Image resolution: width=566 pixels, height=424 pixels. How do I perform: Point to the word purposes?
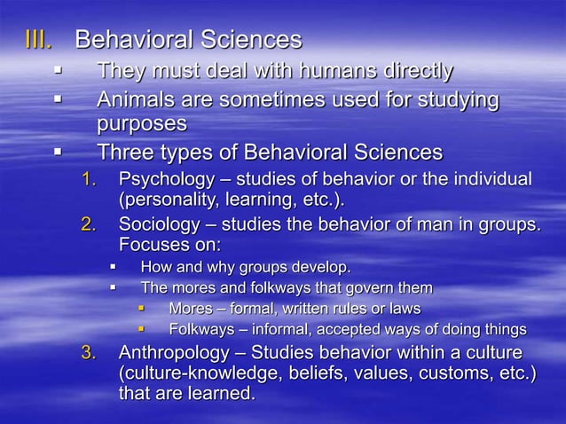click(x=142, y=123)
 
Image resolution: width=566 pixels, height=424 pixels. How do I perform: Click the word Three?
click(x=124, y=153)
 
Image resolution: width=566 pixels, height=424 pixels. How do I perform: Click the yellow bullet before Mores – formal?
click(x=140, y=309)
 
